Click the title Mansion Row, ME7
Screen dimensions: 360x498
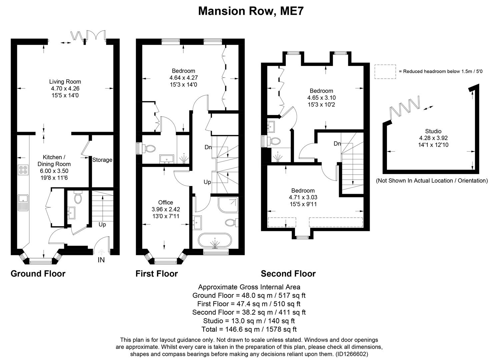click(251, 11)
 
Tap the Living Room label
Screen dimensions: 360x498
click(65, 82)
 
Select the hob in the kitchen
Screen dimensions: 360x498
click(23, 170)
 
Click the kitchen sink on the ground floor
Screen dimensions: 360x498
click(23, 202)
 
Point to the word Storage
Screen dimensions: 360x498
click(102, 160)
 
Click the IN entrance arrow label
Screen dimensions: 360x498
click(101, 260)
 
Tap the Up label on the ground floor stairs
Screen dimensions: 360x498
click(102, 225)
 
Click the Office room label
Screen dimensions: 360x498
click(166, 203)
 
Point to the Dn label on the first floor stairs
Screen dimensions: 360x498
click(208, 147)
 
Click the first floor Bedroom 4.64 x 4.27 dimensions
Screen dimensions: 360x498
click(183, 78)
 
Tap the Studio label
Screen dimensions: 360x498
click(433, 131)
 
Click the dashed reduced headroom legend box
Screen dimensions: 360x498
click(385, 72)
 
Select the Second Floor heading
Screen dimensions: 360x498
click(288, 274)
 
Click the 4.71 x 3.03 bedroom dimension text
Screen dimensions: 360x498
click(303, 197)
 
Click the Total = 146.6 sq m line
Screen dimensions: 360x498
click(249, 329)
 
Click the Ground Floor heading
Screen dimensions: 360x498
click(38, 274)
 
